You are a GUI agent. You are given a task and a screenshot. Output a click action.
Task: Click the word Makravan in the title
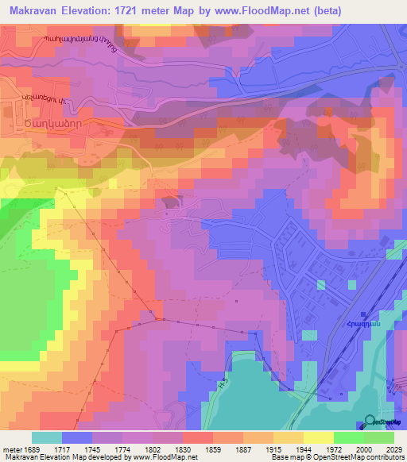pos(33,10)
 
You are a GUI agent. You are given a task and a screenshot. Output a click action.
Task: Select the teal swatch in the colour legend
pos(47,437)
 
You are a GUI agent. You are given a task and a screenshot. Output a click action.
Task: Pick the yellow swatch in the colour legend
pos(318,437)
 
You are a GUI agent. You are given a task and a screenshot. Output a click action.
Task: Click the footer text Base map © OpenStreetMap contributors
pos(337,458)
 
